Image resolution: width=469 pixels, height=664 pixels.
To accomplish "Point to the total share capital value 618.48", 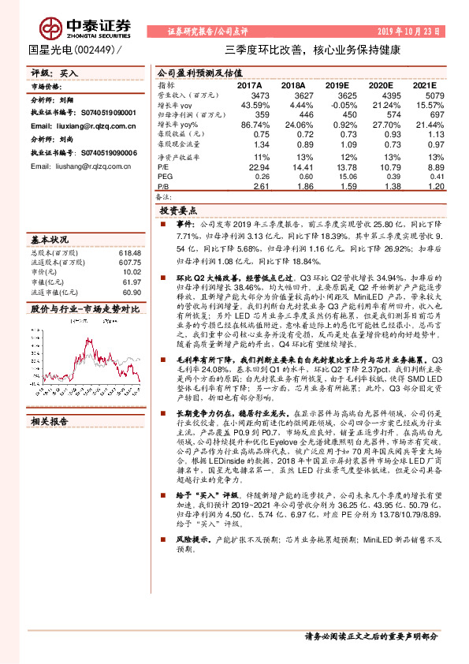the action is tap(128, 252).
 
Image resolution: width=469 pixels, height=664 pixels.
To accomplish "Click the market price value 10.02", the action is tap(131, 273).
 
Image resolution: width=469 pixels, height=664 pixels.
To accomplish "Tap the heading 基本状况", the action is tap(49, 238).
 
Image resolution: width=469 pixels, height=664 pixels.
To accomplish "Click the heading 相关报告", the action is tap(49, 400).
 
